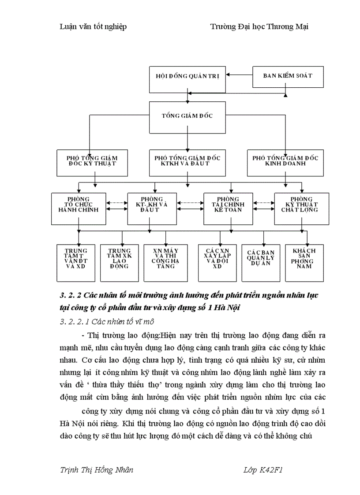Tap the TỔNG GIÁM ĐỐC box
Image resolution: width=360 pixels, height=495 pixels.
click(187, 115)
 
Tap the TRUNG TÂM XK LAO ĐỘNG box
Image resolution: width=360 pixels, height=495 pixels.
click(120, 263)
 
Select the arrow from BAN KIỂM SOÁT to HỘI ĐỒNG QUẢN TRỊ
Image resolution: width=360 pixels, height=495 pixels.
click(239, 75)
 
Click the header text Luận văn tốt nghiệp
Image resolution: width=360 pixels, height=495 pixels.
click(93, 27)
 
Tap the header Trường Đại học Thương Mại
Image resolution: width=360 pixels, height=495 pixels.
click(259, 27)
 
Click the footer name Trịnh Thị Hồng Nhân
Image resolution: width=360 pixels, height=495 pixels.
click(96, 469)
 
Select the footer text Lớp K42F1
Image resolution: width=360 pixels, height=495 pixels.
click(262, 469)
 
